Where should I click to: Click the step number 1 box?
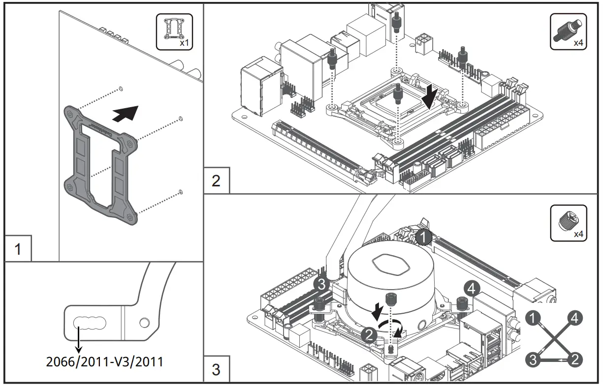point(18,249)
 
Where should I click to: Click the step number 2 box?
point(216,180)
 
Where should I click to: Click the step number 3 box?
point(216,369)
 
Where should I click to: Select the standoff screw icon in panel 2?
point(568,31)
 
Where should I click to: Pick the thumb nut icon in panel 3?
point(568,223)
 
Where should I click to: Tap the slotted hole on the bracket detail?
point(89,323)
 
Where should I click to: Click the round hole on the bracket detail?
point(144,323)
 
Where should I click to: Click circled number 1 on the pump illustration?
point(423,238)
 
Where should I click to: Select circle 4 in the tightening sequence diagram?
point(574,318)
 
